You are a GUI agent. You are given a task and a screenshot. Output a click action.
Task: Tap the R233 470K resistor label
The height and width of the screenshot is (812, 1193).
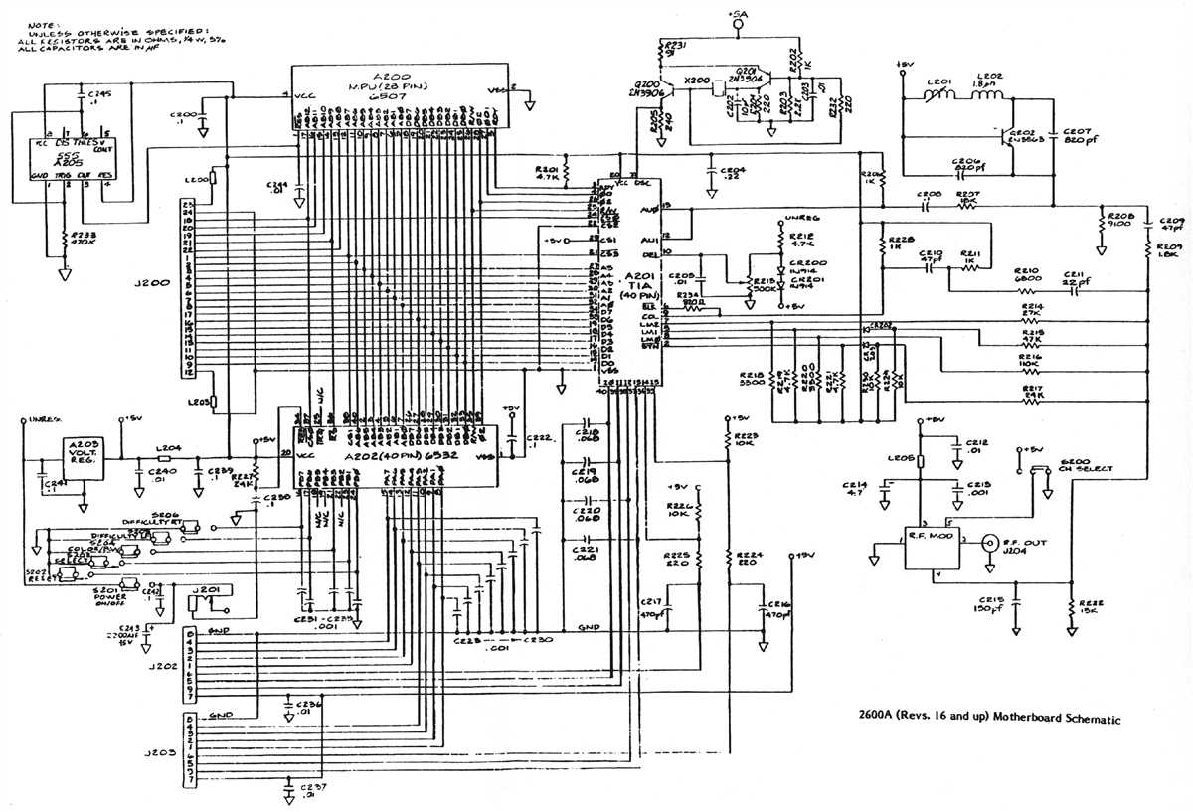[x=84, y=240]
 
